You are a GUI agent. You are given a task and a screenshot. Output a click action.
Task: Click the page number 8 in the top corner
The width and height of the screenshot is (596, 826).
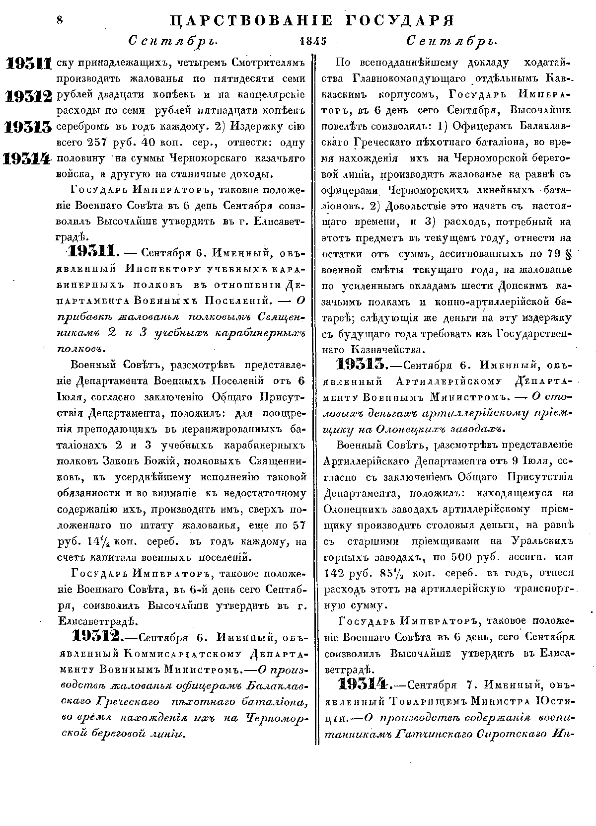pyautogui.click(x=59, y=20)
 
